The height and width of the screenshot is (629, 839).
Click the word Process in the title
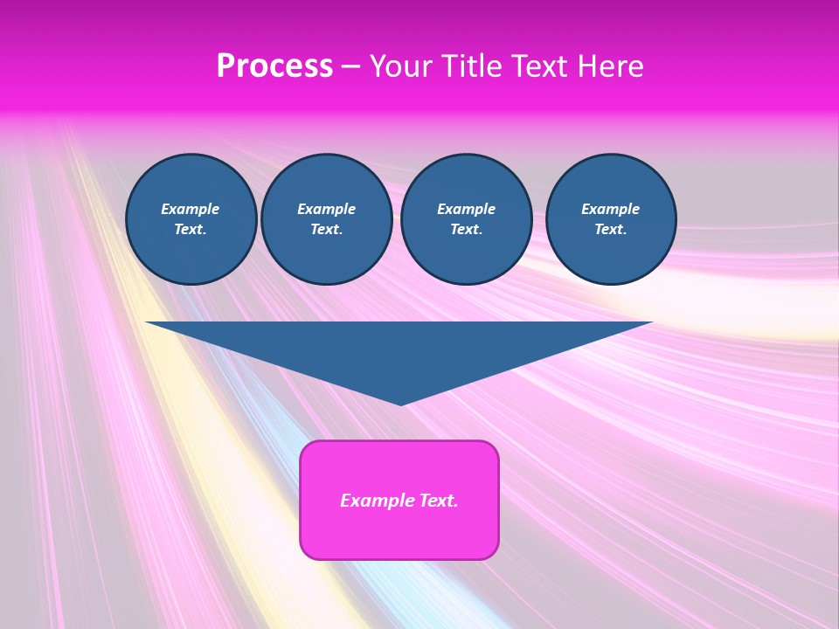coord(274,66)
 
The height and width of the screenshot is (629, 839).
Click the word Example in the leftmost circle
coord(191,209)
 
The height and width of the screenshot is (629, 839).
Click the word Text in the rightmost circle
coord(610,230)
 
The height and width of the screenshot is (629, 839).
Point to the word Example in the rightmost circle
coord(610,209)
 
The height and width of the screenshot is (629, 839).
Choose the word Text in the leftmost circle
coord(191,230)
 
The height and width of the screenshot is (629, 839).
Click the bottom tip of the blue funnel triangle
coord(400,403)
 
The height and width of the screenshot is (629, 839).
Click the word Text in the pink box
coord(437,501)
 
